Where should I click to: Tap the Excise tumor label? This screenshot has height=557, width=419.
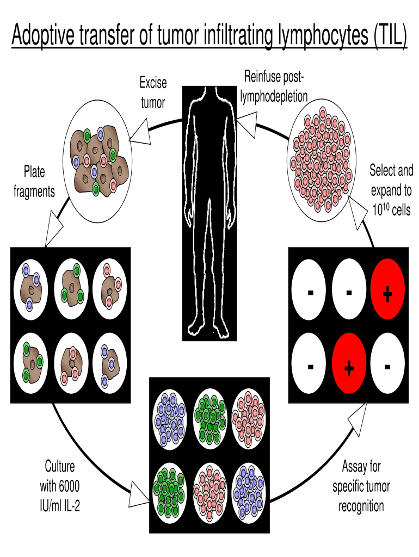point(153,92)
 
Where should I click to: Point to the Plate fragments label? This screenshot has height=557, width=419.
point(34,182)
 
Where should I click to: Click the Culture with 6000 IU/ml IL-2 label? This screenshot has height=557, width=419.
point(60,486)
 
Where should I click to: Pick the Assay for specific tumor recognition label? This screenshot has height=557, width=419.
point(361,486)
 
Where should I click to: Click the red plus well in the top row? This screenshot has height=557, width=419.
point(387,294)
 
